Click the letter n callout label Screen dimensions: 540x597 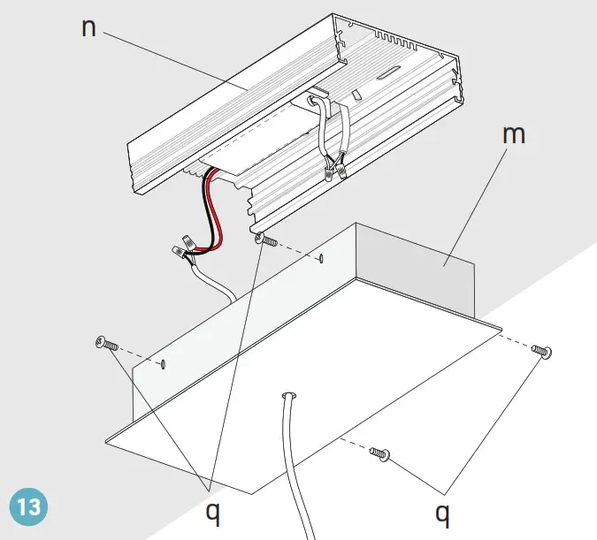tap(88, 27)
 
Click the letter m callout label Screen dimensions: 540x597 tap(513, 135)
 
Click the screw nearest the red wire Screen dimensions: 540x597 tap(265, 240)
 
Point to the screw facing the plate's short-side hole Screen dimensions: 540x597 tap(105, 345)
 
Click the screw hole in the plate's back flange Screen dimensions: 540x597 tap(321, 259)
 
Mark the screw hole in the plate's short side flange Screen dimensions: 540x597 tap(163, 363)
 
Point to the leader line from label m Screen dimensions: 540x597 tap(473, 203)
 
